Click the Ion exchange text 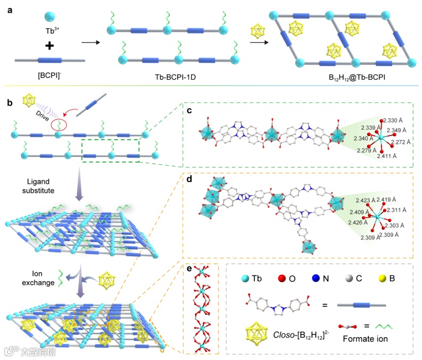[38, 279]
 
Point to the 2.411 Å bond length [387, 157]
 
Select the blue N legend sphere [326, 279]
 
